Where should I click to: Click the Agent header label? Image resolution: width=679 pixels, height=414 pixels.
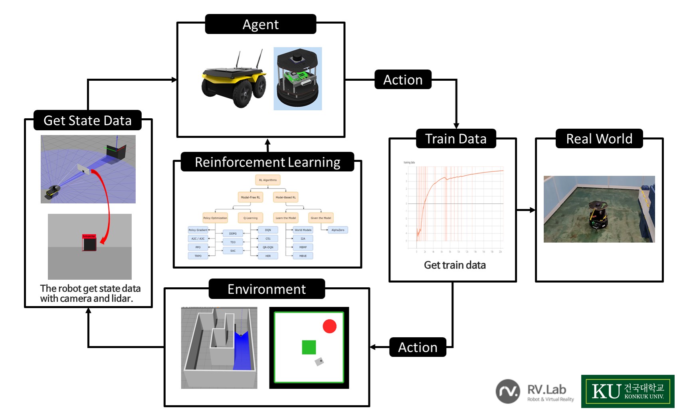pos(260,24)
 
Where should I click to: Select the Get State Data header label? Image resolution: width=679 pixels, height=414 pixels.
pos(87,120)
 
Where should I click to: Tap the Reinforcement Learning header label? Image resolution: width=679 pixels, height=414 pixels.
pos(267,162)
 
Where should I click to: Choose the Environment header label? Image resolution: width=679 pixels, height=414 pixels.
pos(267,289)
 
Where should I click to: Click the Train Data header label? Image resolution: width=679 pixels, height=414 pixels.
pos(456,139)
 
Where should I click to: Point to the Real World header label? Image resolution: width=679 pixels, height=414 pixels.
pos(599,139)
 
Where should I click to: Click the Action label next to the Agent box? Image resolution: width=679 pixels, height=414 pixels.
pos(403,80)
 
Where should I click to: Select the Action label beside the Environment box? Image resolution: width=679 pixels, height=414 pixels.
pos(418,347)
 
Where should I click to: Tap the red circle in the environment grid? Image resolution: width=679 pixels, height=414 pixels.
pos(329,326)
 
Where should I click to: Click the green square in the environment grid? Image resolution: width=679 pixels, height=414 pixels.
pos(309,347)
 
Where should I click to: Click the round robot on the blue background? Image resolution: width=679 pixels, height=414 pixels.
pos(298,79)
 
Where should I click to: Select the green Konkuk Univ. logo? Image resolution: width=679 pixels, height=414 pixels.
pos(628,391)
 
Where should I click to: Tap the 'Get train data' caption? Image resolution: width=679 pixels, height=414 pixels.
pos(455,265)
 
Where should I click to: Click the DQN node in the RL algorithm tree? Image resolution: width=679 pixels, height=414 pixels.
pos(268,230)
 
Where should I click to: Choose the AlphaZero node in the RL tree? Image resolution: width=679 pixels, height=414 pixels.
pos(338,230)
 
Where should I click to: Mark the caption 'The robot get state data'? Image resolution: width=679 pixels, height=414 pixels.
pos(90,289)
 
